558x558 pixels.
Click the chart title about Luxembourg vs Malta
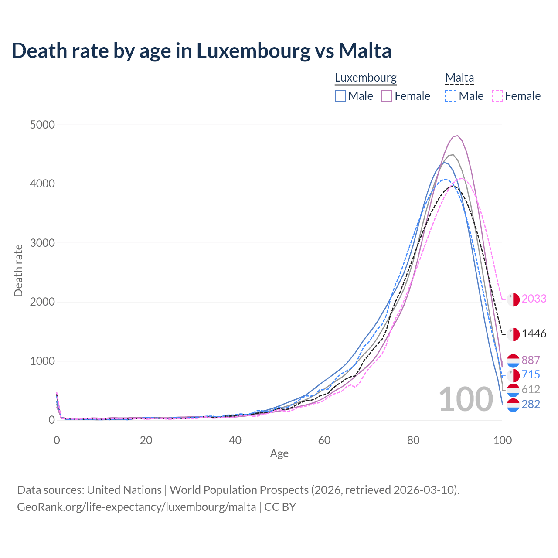[x=201, y=51]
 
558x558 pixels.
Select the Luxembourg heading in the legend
[x=365, y=78]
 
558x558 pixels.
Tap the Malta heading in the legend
[x=459, y=78]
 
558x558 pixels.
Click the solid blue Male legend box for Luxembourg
[x=340, y=96]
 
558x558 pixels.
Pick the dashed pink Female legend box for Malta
[x=497, y=96]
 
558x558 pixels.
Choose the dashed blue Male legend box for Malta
[x=451, y=96]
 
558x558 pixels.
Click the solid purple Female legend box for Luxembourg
[x=387, y=96]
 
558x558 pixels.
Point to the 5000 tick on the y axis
[x=42, y=125]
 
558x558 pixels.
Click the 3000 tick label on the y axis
[x=42, y=243]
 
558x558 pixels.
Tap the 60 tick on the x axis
[x=324, y=440]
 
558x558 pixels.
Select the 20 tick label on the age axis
[x=146, y=440]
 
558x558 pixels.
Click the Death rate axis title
[x=18, y=270]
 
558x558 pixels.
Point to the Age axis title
[x=279, y=454]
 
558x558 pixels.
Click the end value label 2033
[x=534, y=299]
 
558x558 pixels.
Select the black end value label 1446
[x=534, y=334]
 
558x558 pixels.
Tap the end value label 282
[x=531, y=405]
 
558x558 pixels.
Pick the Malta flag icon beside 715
[x=513, y=375]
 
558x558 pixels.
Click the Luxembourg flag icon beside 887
[x=513, y=361]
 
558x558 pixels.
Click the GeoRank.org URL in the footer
[x=136, y=507]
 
